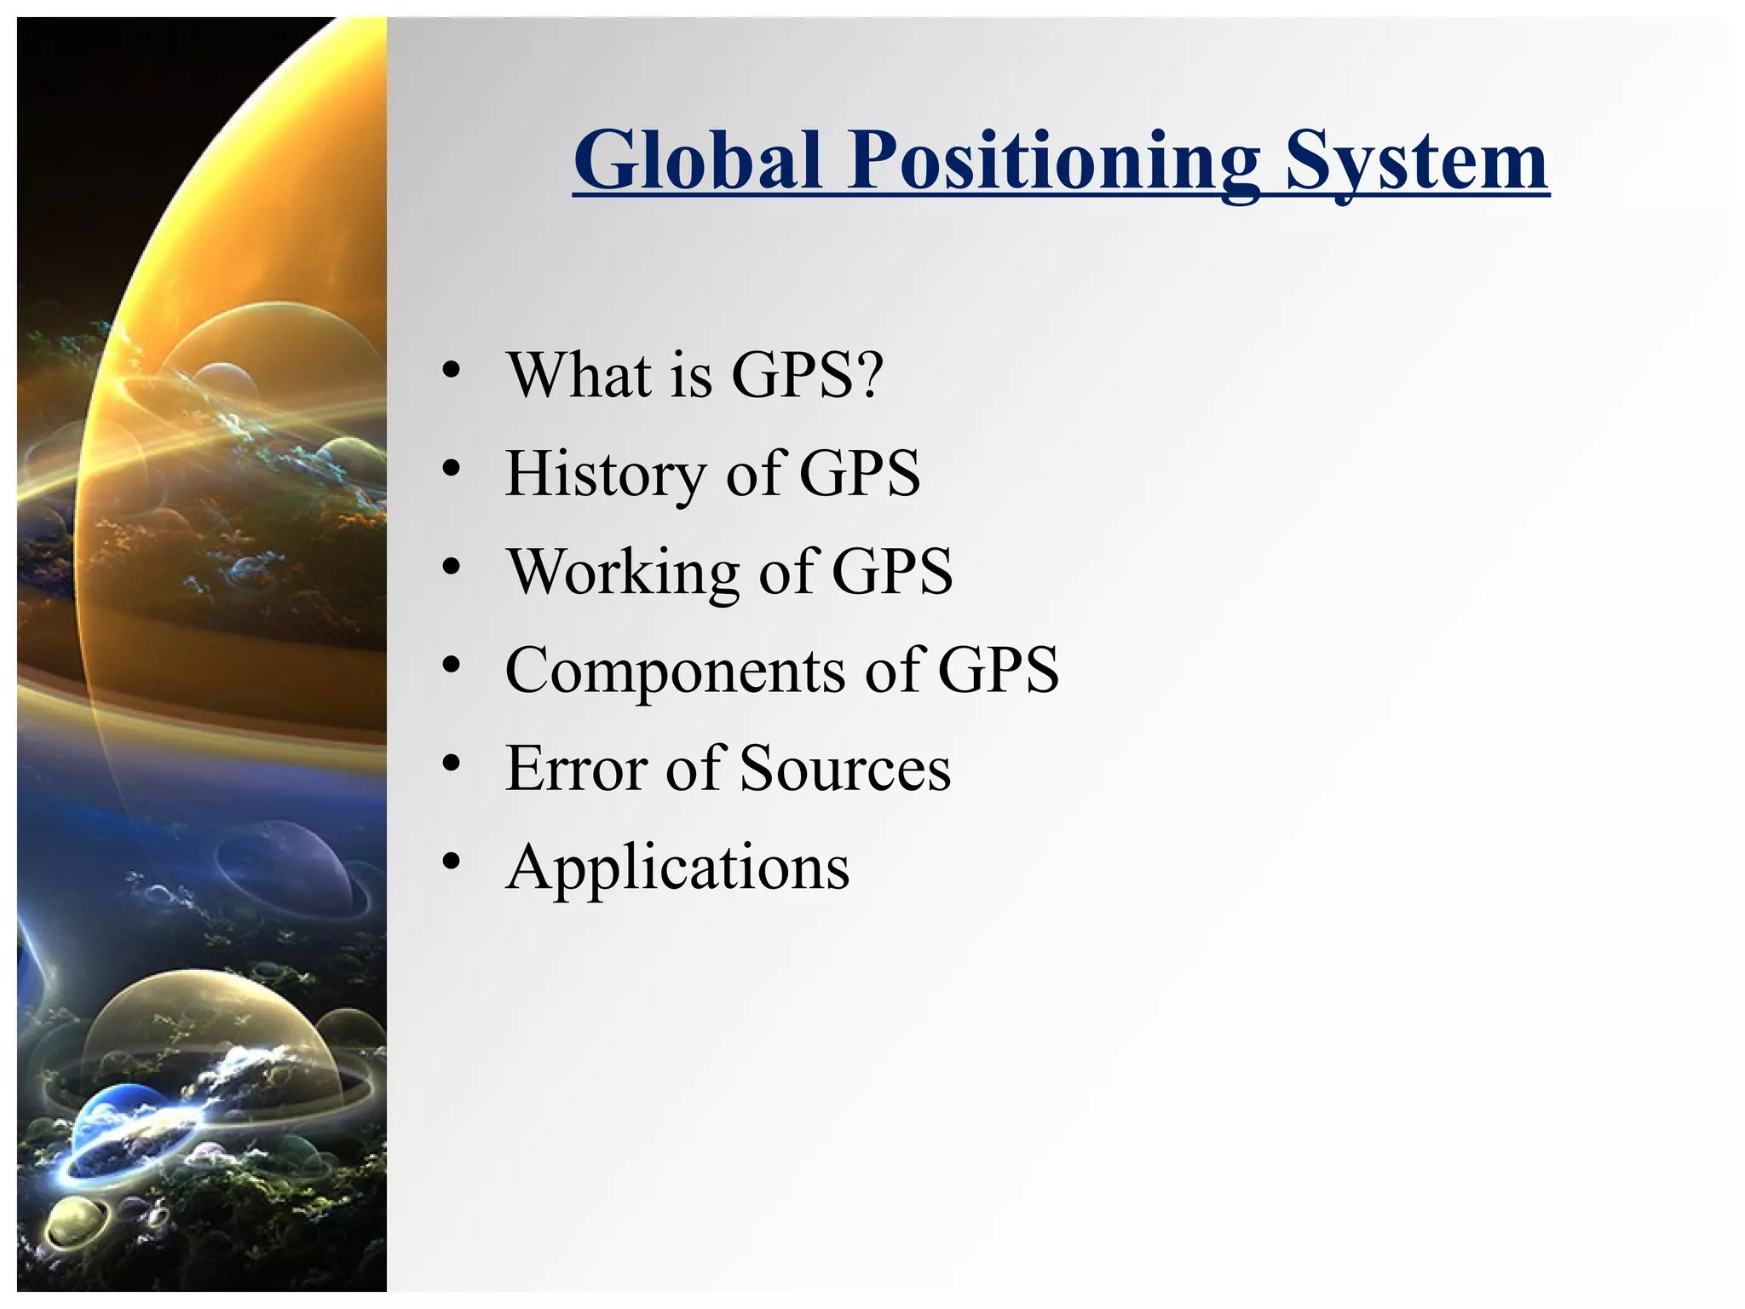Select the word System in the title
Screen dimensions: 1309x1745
(1416, 162)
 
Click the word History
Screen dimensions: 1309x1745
(604, 474)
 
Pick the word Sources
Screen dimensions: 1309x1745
(844, 769)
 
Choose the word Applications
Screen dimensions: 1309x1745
(677, 868)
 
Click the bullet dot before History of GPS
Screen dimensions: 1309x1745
(451, 468)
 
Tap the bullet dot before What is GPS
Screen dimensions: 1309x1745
(451, 370)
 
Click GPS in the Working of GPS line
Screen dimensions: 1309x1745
(891, 572)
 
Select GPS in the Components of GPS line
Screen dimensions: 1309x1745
(998, 671)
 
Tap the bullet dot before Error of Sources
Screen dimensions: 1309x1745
(451, 763)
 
